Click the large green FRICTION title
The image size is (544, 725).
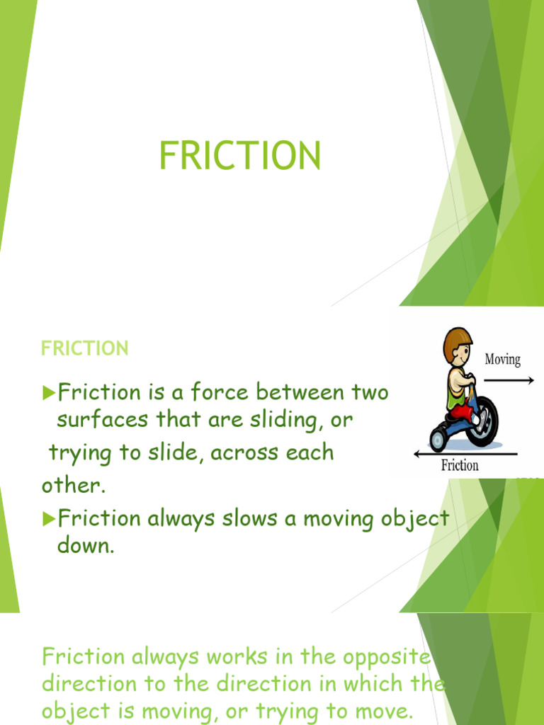pyautogui.click(x=239, y=156)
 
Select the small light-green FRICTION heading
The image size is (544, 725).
pyautogui.click(x=84, y=348)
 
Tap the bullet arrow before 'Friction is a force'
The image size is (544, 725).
pyautogui.click(x=48, y=392)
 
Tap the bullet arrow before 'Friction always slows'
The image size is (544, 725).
pyautogui.click(x=48, y=519)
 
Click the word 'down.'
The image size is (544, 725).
pyautogui.click(x=85, y=547)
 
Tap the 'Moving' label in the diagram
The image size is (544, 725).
pyautogui.click(x=502, y=360)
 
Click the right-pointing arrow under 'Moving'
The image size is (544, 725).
pyautogui.click(x=509, y=380)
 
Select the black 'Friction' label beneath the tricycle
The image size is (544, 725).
pyautogui.click(x=460, y=465)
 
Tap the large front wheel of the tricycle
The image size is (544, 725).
pyautogui.click(x=481, y=421)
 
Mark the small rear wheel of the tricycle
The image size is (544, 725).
pyautogui.click(x=438, y=439)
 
